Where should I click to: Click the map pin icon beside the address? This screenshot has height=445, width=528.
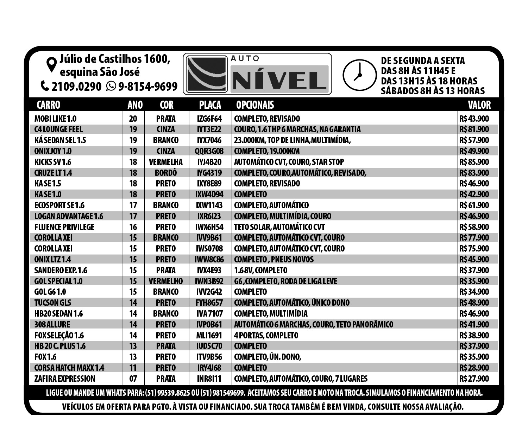52,64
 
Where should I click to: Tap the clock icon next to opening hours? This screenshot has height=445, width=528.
359,75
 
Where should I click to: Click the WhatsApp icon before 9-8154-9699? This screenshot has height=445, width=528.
111,86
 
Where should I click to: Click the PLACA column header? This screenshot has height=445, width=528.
210,105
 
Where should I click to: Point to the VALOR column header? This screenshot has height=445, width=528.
479,105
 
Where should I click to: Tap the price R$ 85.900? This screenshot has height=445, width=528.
474,162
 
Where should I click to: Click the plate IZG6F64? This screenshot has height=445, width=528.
209,119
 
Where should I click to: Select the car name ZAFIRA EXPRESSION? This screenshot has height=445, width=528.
65,379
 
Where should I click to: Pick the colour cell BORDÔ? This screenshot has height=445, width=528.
166,173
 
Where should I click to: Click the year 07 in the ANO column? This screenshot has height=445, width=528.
133,379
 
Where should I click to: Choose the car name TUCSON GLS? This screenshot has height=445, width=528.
53,303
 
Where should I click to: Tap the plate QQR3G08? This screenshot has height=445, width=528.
209,151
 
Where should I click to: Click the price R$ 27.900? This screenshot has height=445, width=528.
474,379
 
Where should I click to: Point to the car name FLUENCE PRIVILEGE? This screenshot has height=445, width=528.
64,227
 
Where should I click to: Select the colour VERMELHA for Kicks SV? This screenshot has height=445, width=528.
166,162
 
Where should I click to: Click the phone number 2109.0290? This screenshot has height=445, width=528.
76,86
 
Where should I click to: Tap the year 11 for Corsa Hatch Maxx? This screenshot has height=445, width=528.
133,368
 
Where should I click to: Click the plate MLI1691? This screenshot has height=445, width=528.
209,335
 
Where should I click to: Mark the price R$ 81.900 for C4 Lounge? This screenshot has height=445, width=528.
474,129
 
